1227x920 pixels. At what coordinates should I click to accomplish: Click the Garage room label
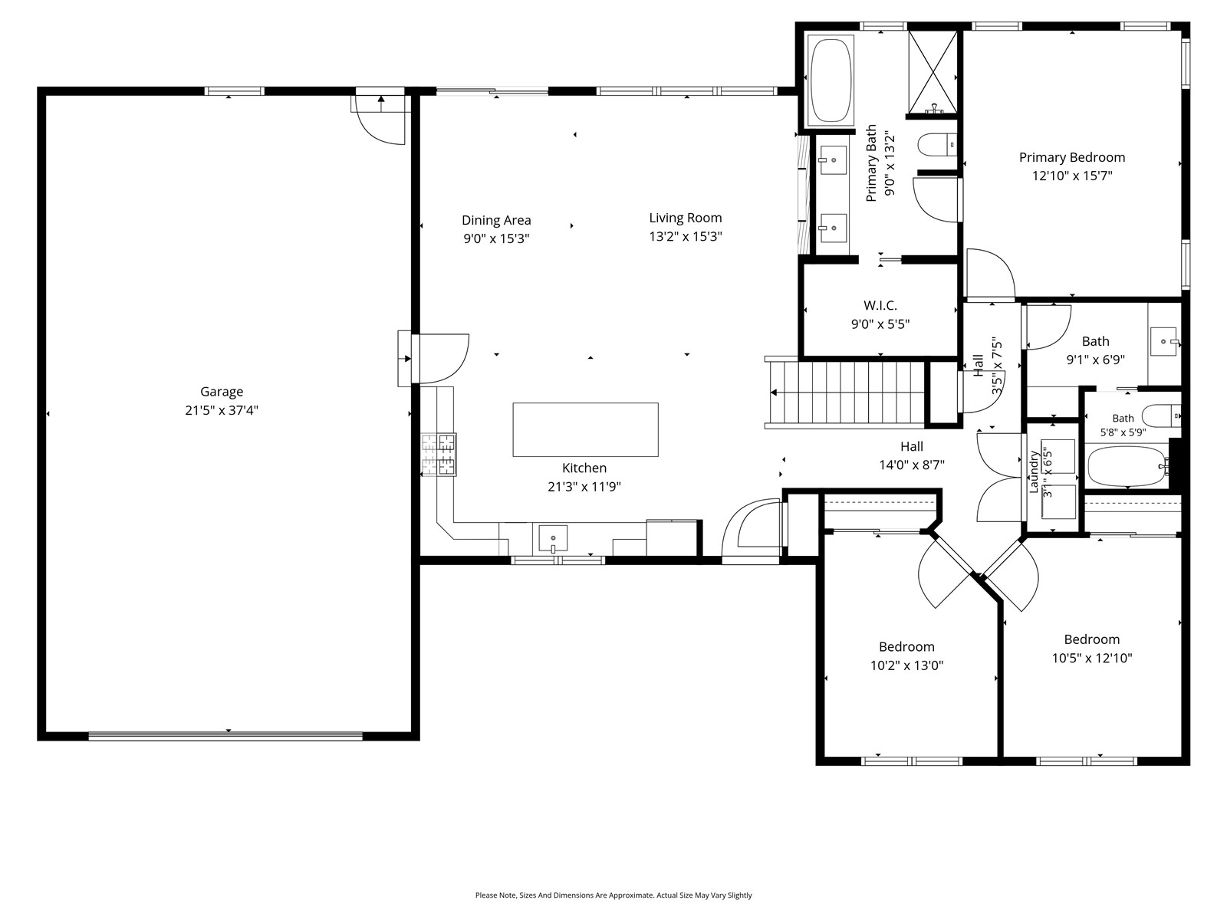click(x=222, y=392)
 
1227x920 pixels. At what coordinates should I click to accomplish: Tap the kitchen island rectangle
click(x=585, y=429)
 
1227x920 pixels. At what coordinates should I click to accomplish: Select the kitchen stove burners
click(x=438, y=455)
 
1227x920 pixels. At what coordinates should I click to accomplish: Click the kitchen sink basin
click(x=553, y=538)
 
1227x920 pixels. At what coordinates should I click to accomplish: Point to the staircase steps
click(x=847, y=392)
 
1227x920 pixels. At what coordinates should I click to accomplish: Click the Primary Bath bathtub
click(x=831, y=79)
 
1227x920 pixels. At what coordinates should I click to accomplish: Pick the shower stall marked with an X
click(x=933, y=73)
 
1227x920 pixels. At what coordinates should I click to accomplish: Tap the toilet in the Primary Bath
click(x=937, y=145)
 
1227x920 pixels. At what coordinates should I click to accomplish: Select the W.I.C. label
click(x=880, y=306)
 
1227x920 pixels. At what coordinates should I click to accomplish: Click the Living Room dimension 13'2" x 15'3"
click(x=686, y=236)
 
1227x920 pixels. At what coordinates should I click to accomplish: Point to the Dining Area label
click(x=496, y=220)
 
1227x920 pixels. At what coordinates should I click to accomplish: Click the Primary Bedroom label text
click(x=1071, y=157)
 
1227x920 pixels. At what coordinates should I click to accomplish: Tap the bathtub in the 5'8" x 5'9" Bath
click(x=1128, y=466)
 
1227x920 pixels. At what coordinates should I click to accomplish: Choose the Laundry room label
click(x=1034, y=472)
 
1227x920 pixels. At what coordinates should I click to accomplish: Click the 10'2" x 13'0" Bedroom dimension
click(x=906, y=665)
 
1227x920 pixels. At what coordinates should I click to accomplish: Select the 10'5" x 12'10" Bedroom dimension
click(x=1091, y=658)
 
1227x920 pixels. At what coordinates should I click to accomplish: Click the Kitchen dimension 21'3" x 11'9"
click(x=584, y=487)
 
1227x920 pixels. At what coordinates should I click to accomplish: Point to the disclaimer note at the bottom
click(x=613, y=895)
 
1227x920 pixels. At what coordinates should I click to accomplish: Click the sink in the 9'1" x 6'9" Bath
click(x=1164, y=341)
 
